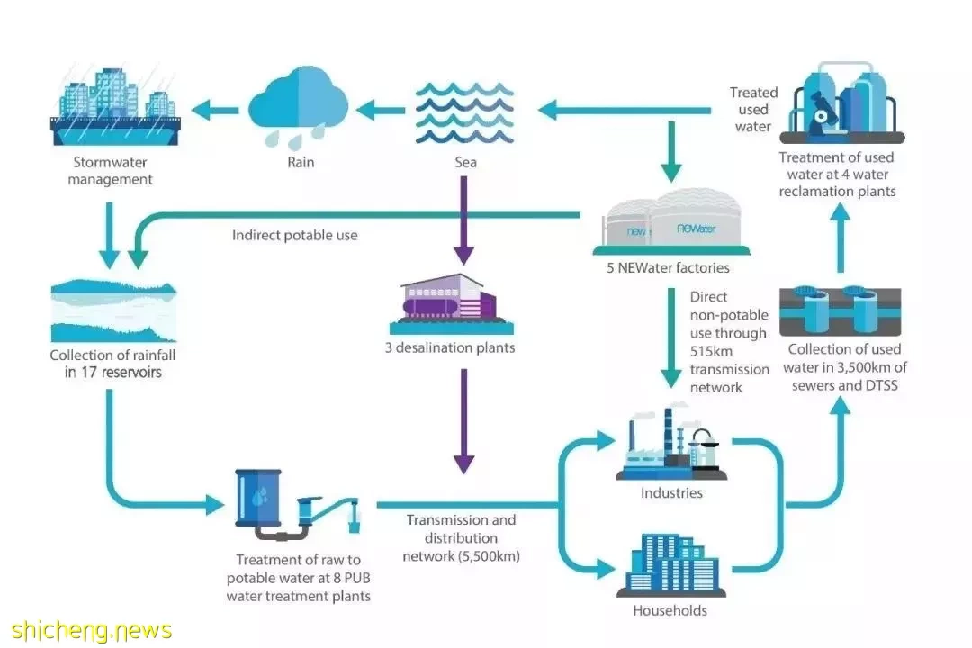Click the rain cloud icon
pos(298,107)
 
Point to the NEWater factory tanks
pos(671,222)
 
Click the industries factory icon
pos(671,443)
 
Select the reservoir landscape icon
pos(113,310)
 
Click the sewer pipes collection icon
pos(840,310)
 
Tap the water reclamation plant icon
pos(841,103)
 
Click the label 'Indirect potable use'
pos(294,235)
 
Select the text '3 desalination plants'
pos(450,347)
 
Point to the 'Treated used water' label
pos(753,109)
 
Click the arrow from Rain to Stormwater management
pos(215,111)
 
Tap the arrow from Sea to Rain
pos(381,111)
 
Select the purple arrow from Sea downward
pos(463,220)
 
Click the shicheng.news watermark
pos(91,631)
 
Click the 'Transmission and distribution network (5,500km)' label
pos(461,537)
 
